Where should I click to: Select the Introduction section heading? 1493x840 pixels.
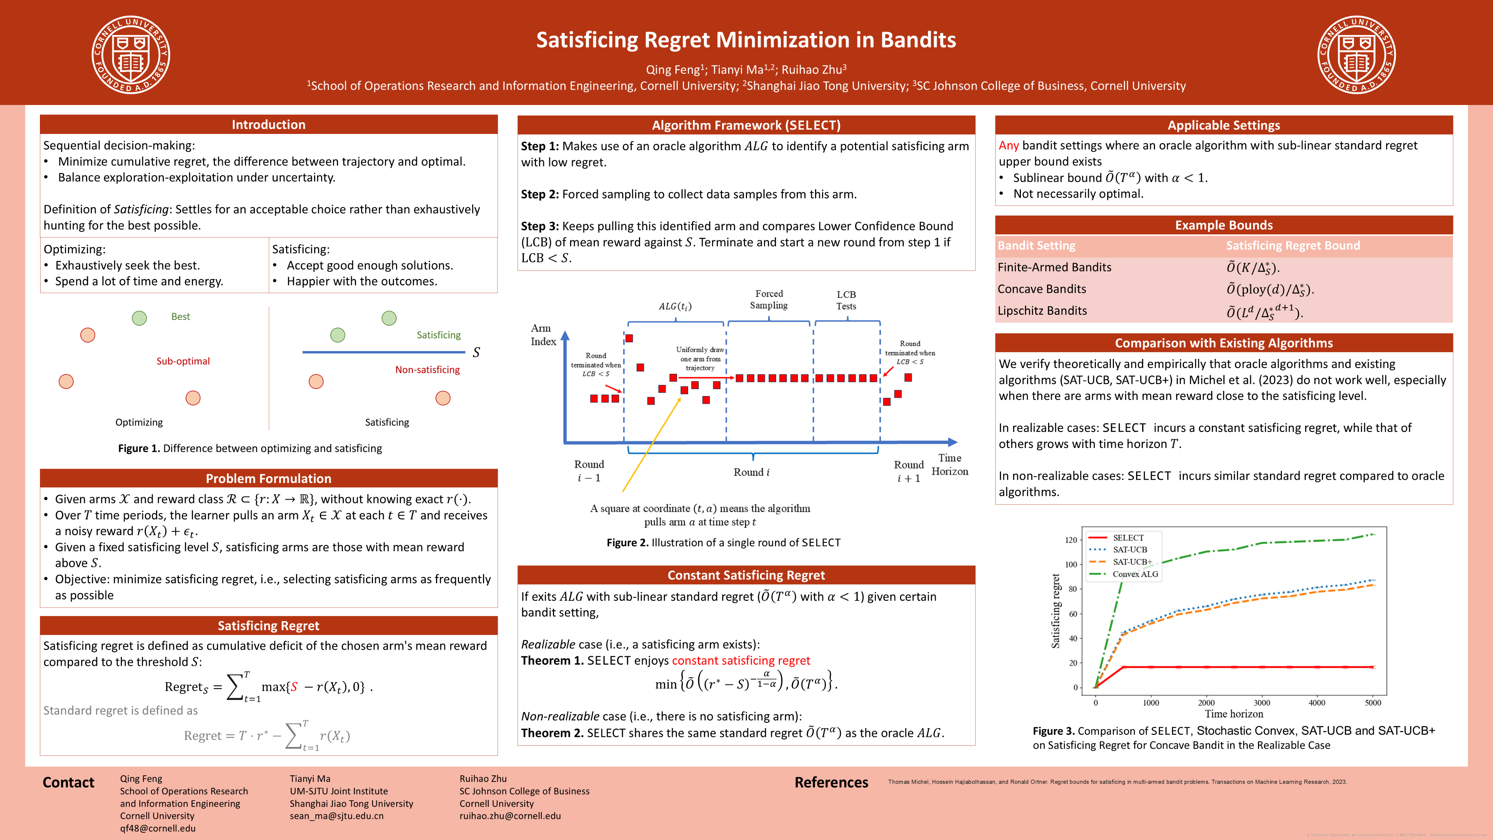click(268, 125)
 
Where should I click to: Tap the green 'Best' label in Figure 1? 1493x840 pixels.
click(180, 316)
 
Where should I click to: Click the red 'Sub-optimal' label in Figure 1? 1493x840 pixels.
click(183, 361)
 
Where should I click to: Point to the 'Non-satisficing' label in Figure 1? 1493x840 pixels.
click(427, 370)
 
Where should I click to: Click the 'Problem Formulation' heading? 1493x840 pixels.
click(268, 478)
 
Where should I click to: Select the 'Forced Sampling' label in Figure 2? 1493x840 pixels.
click(769, 300)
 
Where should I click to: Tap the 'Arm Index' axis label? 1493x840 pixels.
click(543, 335)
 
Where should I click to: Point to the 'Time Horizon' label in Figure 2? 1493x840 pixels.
click(949, 464)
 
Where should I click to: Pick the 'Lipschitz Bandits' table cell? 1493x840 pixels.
click(1042, 311)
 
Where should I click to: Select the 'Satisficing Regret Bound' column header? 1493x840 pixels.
click(1292, 246)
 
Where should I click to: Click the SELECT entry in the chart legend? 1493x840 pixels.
click(1128, 537)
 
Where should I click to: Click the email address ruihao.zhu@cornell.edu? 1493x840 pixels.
click(510, 816)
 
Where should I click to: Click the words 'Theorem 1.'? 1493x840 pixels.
click(552, 661)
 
